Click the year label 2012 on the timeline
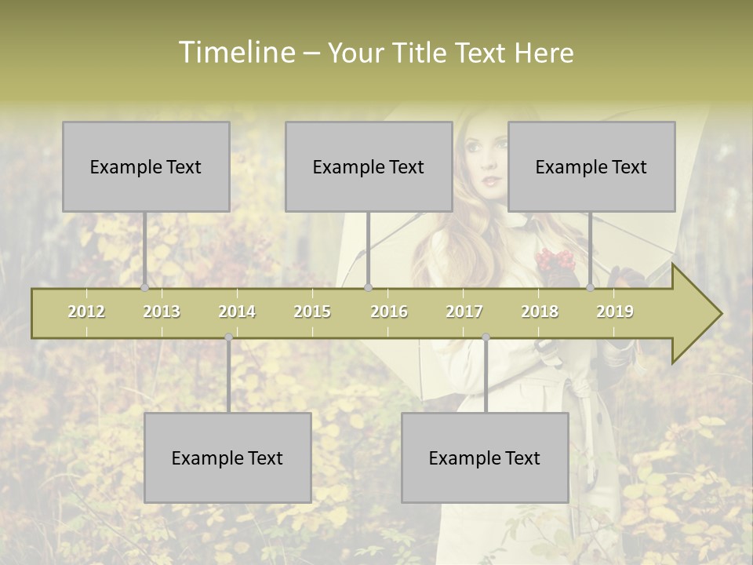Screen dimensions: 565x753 pyautogui.click(x=86, y=312)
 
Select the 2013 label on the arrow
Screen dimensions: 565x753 pyautogui.click(x=162, y=312)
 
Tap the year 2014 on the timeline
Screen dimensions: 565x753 pyautogui.click(x=237, y=312)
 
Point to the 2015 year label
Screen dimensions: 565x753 pyautogui.click(x=312, y=312)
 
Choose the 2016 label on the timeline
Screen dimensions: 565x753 pyautogui.click(x=389, y=312)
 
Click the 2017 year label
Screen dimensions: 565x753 pyautogui.click(x=464, y=312)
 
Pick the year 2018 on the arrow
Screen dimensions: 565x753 pyautogui.click(x=540, y=312)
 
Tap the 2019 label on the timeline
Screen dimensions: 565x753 pyautogui.click(x=615, y=312)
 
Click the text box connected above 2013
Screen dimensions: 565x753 pyautogui.click(x=146, y=166)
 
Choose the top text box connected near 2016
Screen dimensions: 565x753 pyautogui.click(x=369, y=166)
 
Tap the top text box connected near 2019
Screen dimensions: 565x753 pyautogui.click(x=591, y=166)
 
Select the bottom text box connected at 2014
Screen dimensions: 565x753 pyautogui.click(x=227, y=457)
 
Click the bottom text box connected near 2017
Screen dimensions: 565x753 pyautogui.click(x=485, y=457)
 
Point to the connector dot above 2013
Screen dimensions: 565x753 pyautogui.click(x=144, y=287)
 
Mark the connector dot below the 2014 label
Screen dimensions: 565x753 pyautogui.click(x=228, y=337)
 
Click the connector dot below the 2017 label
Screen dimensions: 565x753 pyautogui.click(x=486, y=337)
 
